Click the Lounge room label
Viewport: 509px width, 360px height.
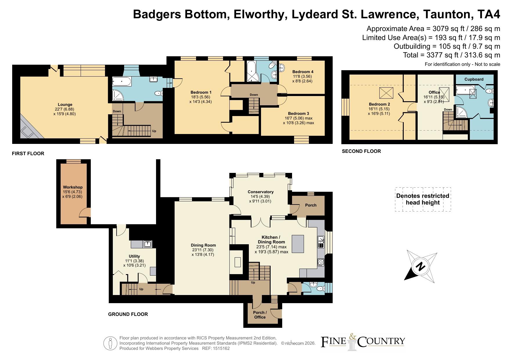pyautogui.click(x=65, y=105)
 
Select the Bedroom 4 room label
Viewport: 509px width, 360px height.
pyautogui.click(x=303, y=72)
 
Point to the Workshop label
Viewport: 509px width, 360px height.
pyautogui.click(x=73, y=187)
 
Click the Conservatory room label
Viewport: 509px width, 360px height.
pyautogui.click(x=261, y=192)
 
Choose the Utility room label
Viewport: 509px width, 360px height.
pyautogui.click(x=134, y=256)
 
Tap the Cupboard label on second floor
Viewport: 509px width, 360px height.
pyautogui.click(x=474, y=79)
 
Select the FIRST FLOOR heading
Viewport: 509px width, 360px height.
pyautogui.click(x=28, y=153)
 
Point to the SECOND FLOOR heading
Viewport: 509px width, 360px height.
pyautogui.click(x=361, y=151)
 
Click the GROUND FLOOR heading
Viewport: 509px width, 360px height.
pyautogui.click(x=128, y=314)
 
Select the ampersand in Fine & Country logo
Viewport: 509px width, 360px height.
pyautogui.click(x=352, y=337)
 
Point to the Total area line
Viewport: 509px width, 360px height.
pyautogui.click(x=452, y=55)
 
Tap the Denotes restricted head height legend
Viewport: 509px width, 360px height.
pyautogui.click(x=423, y=199)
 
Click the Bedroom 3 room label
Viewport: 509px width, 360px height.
pyautogui.click(x=298, y=113)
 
